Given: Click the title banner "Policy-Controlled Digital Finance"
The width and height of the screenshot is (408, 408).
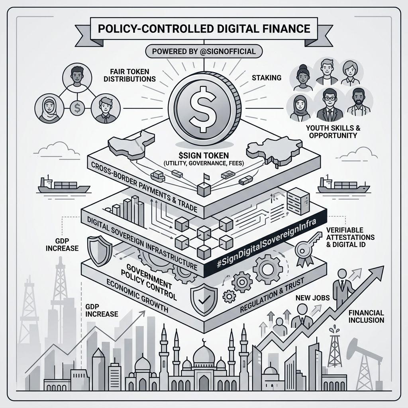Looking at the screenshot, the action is (x=204, y=29).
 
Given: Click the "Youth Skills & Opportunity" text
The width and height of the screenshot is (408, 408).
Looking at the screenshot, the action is (x=331, y=132).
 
